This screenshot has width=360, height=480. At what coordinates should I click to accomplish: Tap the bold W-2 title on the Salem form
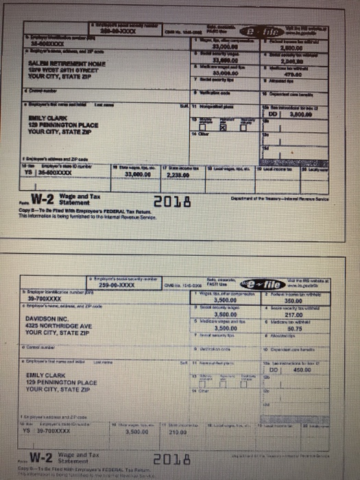tap(46, 200)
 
